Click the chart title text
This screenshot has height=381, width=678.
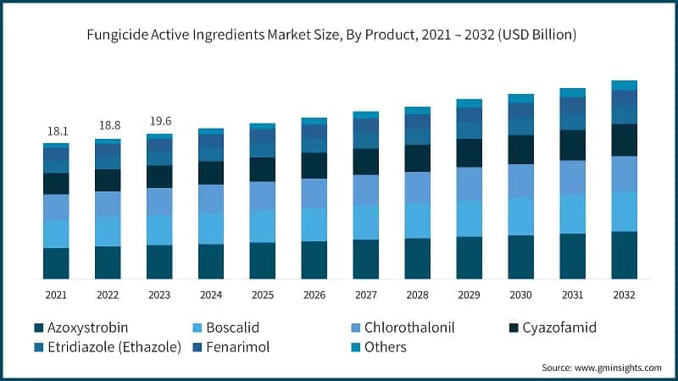coord(339,35)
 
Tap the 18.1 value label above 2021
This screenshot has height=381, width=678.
coord(56,131)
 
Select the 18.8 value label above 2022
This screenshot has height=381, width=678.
coord(108,125)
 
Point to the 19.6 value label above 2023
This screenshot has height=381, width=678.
coord(159,120)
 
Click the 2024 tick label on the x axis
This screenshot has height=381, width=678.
coord(211,295)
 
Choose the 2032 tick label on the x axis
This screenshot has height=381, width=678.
coord(624,295)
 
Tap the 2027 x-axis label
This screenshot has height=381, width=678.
coord(365,295)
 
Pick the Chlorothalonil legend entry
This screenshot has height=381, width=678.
coord(407,327)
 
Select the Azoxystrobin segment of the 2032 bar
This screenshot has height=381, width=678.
coord(624,255)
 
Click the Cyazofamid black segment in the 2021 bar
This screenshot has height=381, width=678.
coord(56,184)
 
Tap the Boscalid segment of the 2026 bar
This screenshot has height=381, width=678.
coord(314,224)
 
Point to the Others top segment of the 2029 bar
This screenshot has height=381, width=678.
coord(469,103)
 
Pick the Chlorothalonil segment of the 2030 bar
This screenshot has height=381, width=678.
coord(520,180)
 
